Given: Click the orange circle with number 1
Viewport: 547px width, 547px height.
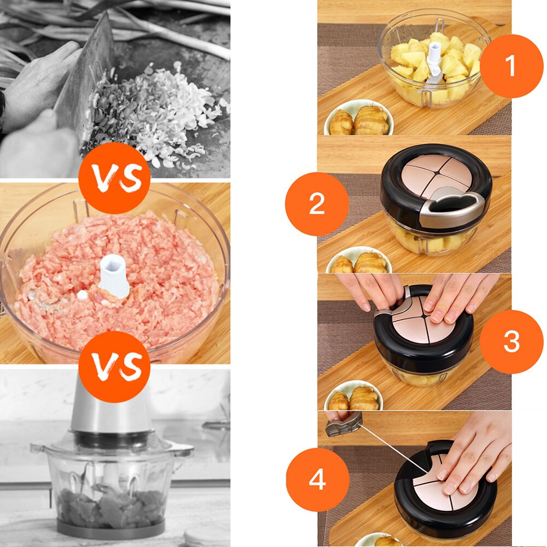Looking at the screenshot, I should (x=511, y=66).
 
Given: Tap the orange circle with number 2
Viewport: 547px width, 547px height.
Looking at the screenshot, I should (x=317, y=204).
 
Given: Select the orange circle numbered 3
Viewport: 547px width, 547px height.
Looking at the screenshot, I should (x=511, y=342).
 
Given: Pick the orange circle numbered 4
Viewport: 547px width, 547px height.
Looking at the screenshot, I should (x=317, y=480).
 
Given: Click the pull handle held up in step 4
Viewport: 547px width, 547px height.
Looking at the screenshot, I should (x=344, y=423).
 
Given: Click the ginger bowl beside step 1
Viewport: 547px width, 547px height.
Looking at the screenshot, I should (x=358, y=119).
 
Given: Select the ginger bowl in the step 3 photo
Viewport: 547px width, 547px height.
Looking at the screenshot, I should (x=353, y=397).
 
